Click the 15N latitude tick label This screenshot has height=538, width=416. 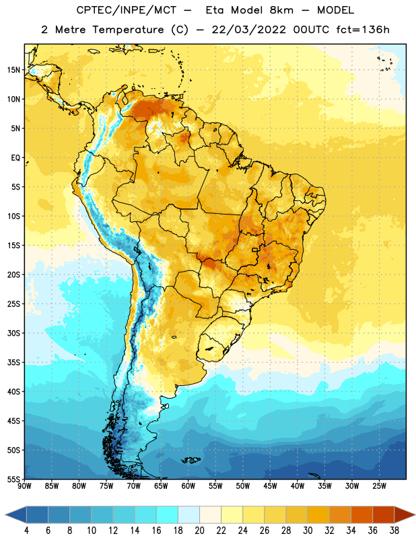[13, 70]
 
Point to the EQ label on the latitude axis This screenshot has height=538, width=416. [15, 158]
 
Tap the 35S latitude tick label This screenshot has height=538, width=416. [13, 362]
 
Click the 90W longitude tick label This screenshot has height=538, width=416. [24, 486]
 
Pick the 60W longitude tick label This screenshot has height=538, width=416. [188, 486]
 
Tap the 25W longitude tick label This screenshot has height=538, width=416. [379, 486]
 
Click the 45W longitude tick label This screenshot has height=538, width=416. [270, 486]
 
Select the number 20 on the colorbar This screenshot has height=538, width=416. [199, 531]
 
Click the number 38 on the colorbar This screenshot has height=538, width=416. [394, 531]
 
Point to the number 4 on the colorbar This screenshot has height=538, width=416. [26, 531]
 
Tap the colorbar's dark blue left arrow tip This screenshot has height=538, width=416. [6, 515]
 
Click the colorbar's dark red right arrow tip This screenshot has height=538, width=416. [415, 515]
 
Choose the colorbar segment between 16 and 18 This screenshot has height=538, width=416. [167, 515]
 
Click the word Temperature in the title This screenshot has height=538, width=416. [128, 30]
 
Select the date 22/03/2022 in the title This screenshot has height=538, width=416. [248, 30]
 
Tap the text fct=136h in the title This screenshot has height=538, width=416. [363, 30]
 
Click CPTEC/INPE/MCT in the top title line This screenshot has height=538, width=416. [126, 10]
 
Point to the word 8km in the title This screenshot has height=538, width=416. [281, 10]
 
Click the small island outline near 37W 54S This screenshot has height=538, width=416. [314, 475]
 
